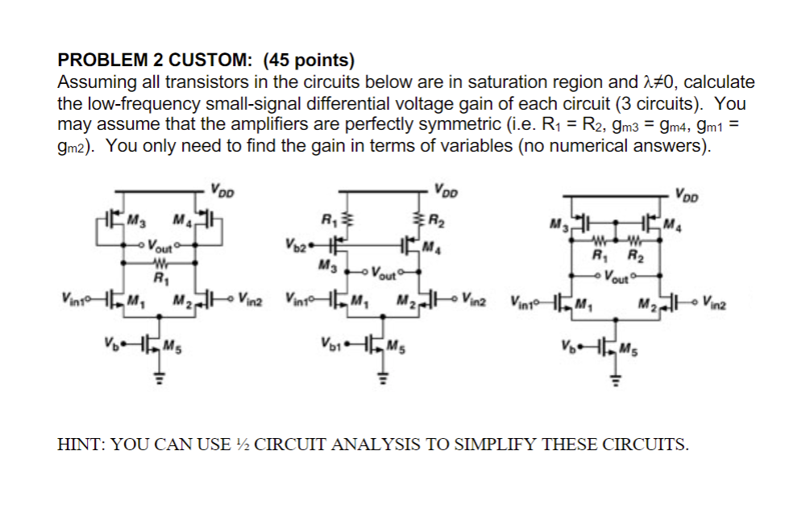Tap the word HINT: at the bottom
pyautogui.click(x=81, y=443)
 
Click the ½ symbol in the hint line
pyautogui.click(x=242, y=443)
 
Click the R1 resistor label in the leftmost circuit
pyautogui.click(x=159, y=280)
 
